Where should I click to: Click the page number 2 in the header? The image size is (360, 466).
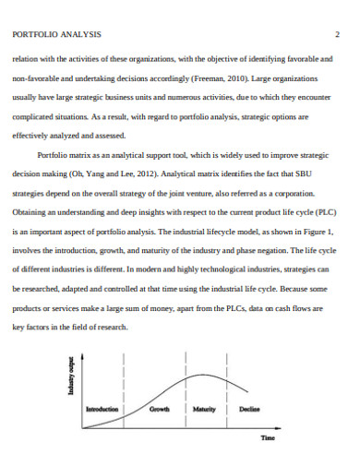click(338, 33)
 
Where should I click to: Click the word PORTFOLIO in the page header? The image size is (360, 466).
click(34, 34)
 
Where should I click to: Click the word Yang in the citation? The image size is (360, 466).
click(116, 173)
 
